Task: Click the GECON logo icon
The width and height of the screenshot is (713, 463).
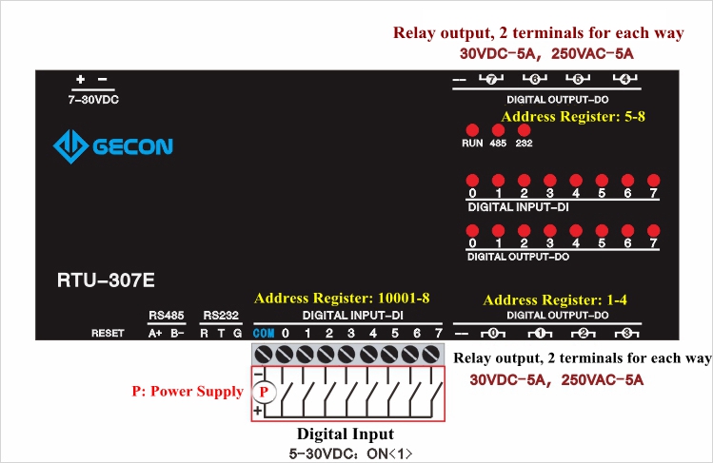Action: (x=70, y=146)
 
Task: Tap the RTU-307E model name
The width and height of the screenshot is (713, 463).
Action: (x=106, y=281)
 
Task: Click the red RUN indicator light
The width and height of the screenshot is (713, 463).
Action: (x=472, y=129)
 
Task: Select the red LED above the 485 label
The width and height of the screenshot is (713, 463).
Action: (x=498, y=129)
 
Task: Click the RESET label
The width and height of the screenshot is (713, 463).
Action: (x=108, y=334)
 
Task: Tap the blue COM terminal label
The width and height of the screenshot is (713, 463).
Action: (x=264, y=334)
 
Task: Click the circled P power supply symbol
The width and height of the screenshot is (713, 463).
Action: (x=267, y=391)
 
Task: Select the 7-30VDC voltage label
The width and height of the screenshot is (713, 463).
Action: (x=92, y=100)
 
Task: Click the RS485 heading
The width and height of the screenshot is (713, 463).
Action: (x=166, y=315)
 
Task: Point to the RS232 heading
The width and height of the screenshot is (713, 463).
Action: (x=221, y=315)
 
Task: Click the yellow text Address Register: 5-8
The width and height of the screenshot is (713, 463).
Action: (x=573, y=116)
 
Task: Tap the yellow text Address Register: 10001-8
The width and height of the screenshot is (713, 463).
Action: (x=348, y=298)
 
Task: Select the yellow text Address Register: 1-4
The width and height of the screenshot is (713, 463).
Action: (x=555, y=299)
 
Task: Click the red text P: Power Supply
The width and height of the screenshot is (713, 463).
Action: (x=188, y=391)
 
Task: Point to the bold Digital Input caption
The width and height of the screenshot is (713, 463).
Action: (x=346, y=434)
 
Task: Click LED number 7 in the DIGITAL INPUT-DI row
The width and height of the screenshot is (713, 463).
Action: (x=653, y=180)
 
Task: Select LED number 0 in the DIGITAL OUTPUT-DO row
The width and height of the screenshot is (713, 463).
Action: (x=472, y=230)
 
